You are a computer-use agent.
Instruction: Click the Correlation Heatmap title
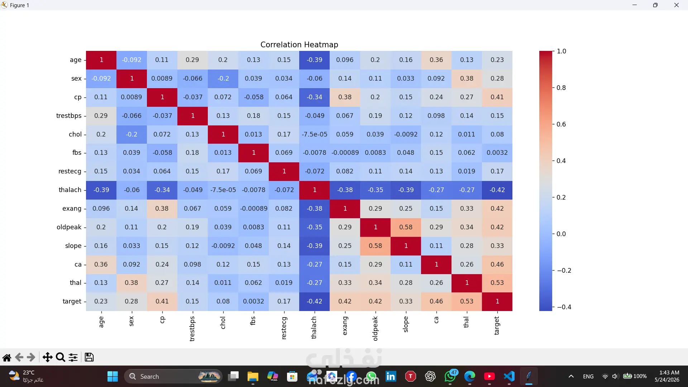[x=299, y=44]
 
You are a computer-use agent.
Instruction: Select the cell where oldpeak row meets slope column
[x=406, y=227]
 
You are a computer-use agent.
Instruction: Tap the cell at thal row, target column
[x=497, y=283]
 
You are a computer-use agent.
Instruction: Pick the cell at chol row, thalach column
[x=314, y=134]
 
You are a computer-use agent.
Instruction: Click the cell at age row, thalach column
[x=314, y=60]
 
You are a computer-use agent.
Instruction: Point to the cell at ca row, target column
[x=497, y=264]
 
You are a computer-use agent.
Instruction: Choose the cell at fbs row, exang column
[x=345, y=153]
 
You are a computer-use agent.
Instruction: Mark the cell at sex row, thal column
[x=467, y=78]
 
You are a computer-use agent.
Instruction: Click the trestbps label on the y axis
[x=69, y=116]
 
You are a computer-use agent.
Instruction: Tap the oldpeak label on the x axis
[x=375, y=329]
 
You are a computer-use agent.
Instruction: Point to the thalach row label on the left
[x=70, y=190]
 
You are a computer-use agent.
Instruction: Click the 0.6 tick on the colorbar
[x=561, y=124]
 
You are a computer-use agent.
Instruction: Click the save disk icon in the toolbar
[x=89, y=357]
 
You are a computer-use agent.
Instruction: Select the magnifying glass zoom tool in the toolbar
[x=61, y=357]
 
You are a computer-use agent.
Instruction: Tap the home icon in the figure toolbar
[x=7, y=357]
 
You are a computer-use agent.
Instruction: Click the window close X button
[x=677, y=5]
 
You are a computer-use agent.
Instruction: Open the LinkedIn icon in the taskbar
[x=391, y=376]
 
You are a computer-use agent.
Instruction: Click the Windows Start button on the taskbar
[x=113, y=376]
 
